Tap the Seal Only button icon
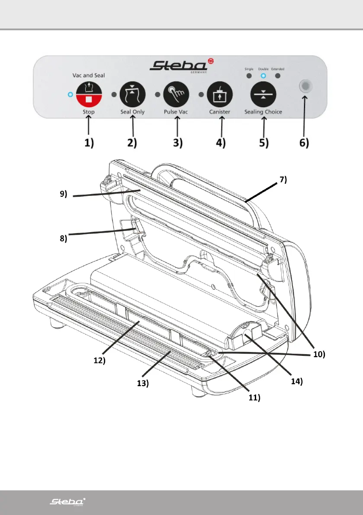[132, 95]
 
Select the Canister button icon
[221, 95]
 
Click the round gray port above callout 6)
[305, 88]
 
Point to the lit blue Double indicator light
[263, 76]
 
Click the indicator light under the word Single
[249, 76]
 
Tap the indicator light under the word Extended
[278, 76]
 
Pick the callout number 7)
[283, 179]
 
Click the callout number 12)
[100, 360]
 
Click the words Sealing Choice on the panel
[263, 112]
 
